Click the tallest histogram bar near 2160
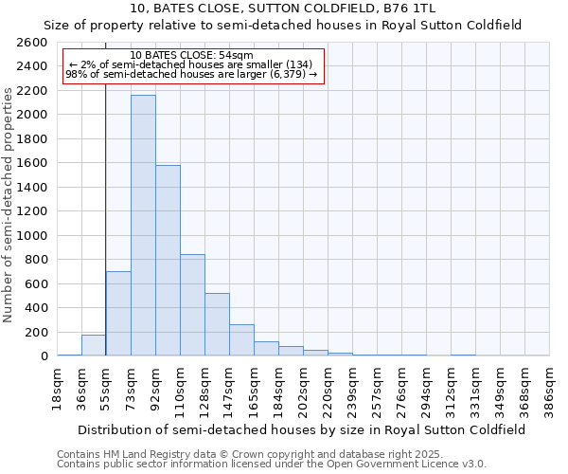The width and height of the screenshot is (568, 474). pyautogui.click(x=143, y=226)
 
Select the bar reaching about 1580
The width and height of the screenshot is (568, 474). pyautogui.click(x=168, y=261)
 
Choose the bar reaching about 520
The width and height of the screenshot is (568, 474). pyautogui.click(x=217, y=324)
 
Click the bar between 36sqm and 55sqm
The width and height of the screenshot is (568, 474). pyautogui.click(x=94, y=346)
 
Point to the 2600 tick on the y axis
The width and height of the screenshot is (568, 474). pyautogui.click(x=32, y=43)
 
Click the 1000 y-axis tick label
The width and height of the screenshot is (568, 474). pyautogui.click(x=32, y=236)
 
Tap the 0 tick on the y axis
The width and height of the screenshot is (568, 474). pyautogui.click(x=43, y=356)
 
